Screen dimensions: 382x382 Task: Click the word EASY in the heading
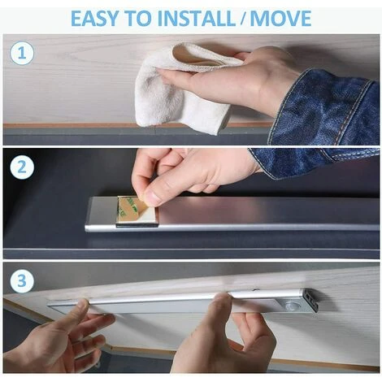pos(94,18)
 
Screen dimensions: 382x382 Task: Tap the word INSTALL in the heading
pos(196,18)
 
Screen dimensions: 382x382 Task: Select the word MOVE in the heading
pos(280,18)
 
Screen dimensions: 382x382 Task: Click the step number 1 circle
pos(22,53)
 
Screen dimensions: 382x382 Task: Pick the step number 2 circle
pos(22,167)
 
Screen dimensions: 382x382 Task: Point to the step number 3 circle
pos(22,280)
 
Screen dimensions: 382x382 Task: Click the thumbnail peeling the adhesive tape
pos(152,198)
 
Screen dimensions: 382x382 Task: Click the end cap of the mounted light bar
pos(310,300)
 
